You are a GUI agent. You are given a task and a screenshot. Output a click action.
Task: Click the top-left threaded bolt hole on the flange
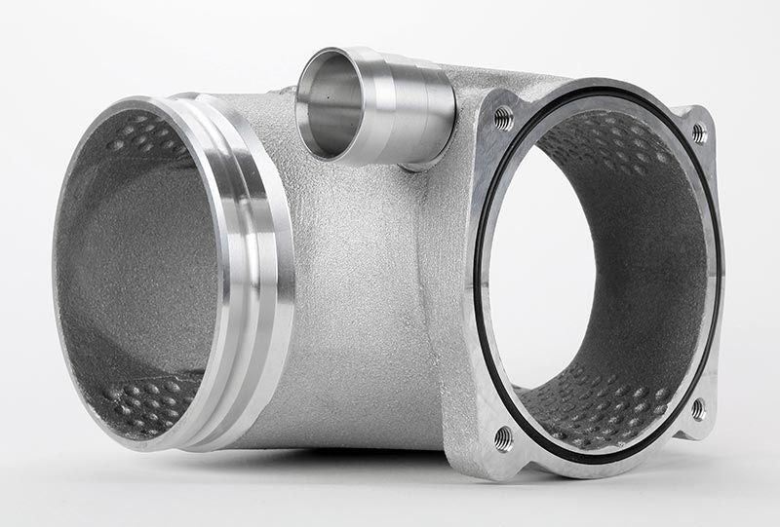[x=503, y=118]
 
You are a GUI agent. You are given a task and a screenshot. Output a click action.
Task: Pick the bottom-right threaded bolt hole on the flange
[x=698, y=408]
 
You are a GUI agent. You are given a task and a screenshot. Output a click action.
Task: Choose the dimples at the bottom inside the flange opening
[x=604, y=409]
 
